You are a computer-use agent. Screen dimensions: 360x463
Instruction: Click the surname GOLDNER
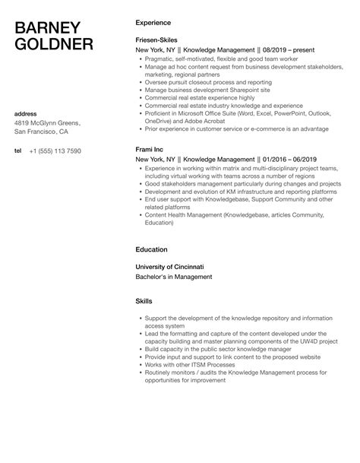pyautogui.click(x=55, y=45)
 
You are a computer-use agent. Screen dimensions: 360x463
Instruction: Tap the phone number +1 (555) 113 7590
pyautogui.click(x=55, y=151)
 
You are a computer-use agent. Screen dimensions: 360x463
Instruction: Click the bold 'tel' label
pyautogui.click(x=18, y=151)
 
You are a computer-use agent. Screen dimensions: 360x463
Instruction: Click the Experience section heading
pyautogui.click(x=155, y=22)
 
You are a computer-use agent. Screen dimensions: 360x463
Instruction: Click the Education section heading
pyautogui.click(x=153, y=249)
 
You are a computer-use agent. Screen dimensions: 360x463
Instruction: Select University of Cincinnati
pyautogui.click(x=171, y=267)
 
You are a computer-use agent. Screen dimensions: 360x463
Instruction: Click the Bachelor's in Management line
pyautogui.click(x=174, y=277)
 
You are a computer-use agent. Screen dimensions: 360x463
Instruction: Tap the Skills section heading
pyautogui.click(x=144, y=301)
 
